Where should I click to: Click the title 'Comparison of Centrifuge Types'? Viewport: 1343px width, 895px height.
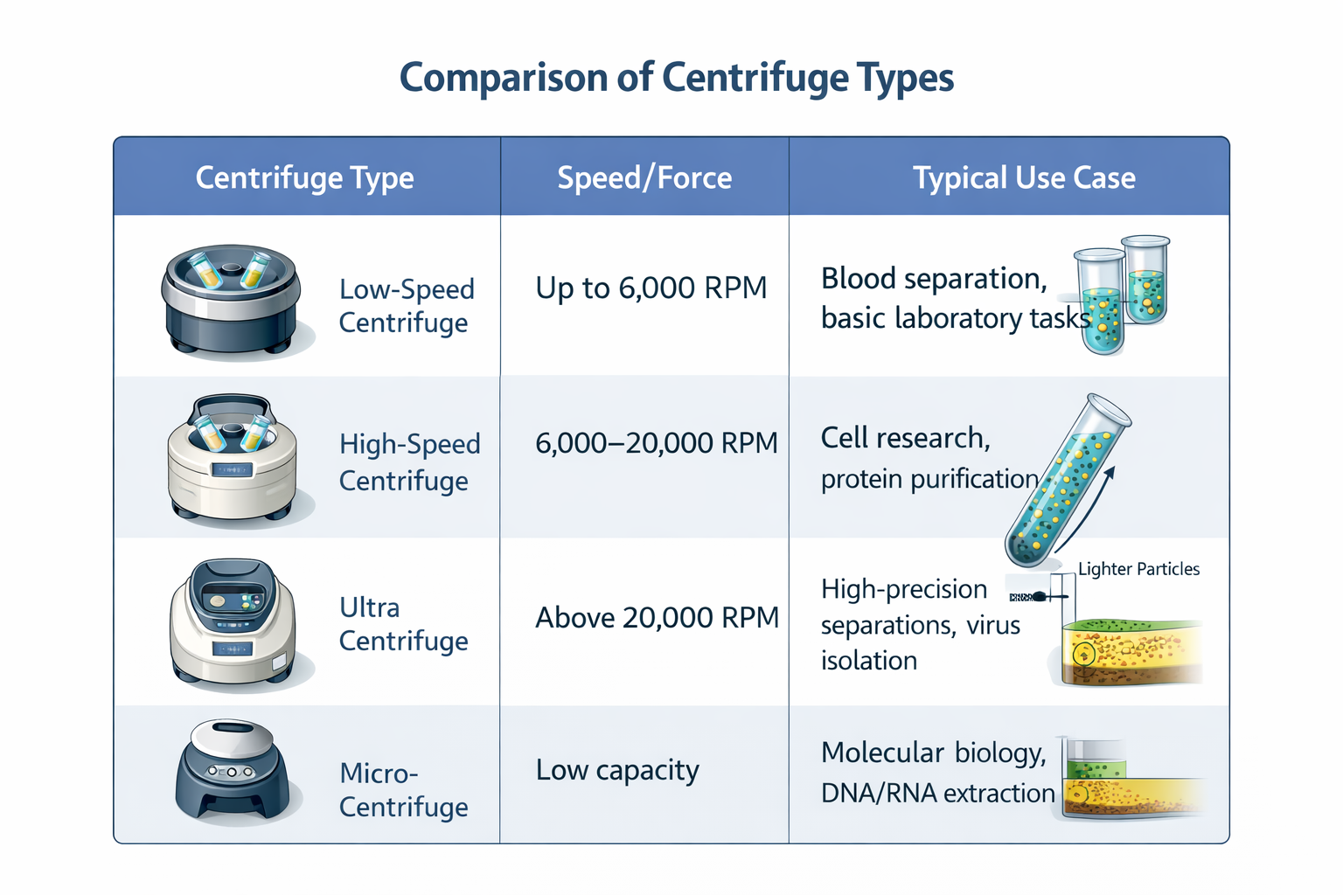click(676, 78)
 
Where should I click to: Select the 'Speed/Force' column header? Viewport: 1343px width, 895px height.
click(644, 177)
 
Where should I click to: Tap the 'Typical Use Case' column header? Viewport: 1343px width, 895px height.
click(1024, 177)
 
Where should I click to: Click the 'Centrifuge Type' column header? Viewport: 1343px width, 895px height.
click(304, 177)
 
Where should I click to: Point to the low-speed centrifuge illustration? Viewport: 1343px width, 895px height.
click(231, 297)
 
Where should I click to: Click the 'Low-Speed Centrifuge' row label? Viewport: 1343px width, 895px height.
click(407, 306)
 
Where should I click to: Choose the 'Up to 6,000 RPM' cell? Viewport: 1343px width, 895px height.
click(651, 288)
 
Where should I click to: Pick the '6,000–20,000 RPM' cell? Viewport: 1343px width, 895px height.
click(656, 443)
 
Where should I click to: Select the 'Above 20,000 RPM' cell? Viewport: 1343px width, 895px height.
click(657, 618)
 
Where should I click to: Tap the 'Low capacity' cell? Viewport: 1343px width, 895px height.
click(617, 770)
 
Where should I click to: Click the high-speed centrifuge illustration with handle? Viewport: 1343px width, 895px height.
click(232, 458)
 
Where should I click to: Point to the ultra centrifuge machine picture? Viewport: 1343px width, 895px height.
click(232, 621)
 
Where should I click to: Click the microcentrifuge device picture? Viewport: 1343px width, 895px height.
click(232, 769)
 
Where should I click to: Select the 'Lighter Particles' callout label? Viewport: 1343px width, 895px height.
click(1138, 569)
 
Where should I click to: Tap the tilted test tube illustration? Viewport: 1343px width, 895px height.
click(1067, 481)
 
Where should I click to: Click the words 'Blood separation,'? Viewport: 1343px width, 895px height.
click(934, 279)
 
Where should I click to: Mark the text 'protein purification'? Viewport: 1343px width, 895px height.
click(929, 479)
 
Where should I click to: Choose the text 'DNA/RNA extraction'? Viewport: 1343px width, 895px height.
click(937, 793)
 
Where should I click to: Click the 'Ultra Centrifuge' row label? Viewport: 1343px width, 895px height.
click(403, 624)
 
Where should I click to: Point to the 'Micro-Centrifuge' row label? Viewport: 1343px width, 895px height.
click(403, 790)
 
